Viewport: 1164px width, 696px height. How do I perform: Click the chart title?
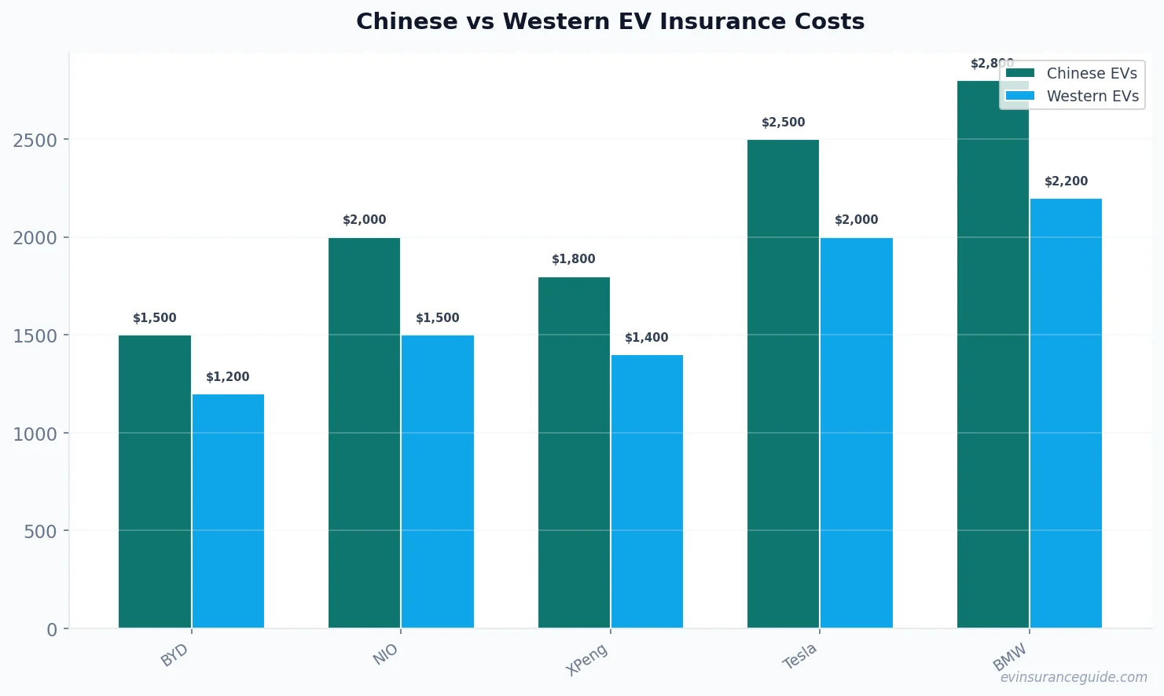click(610, 22)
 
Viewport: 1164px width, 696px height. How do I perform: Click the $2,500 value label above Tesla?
click(783, 123)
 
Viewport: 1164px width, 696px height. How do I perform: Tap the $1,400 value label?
click(646, 338)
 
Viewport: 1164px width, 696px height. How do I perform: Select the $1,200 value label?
click(228, 377)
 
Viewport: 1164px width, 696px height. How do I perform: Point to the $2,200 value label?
click(1066, 181)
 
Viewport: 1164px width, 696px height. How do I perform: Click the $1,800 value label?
click(573, 259)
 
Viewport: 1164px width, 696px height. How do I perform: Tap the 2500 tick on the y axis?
click(35, 140)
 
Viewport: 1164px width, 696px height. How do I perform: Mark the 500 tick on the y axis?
click(40, 531)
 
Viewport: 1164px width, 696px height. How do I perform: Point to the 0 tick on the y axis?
click(52, 629)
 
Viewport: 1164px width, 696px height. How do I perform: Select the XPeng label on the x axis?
click(587, 659)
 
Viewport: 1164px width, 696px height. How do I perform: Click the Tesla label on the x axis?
click(799, 656)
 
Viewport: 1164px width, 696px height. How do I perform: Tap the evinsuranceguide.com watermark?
click(1073, 677)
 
